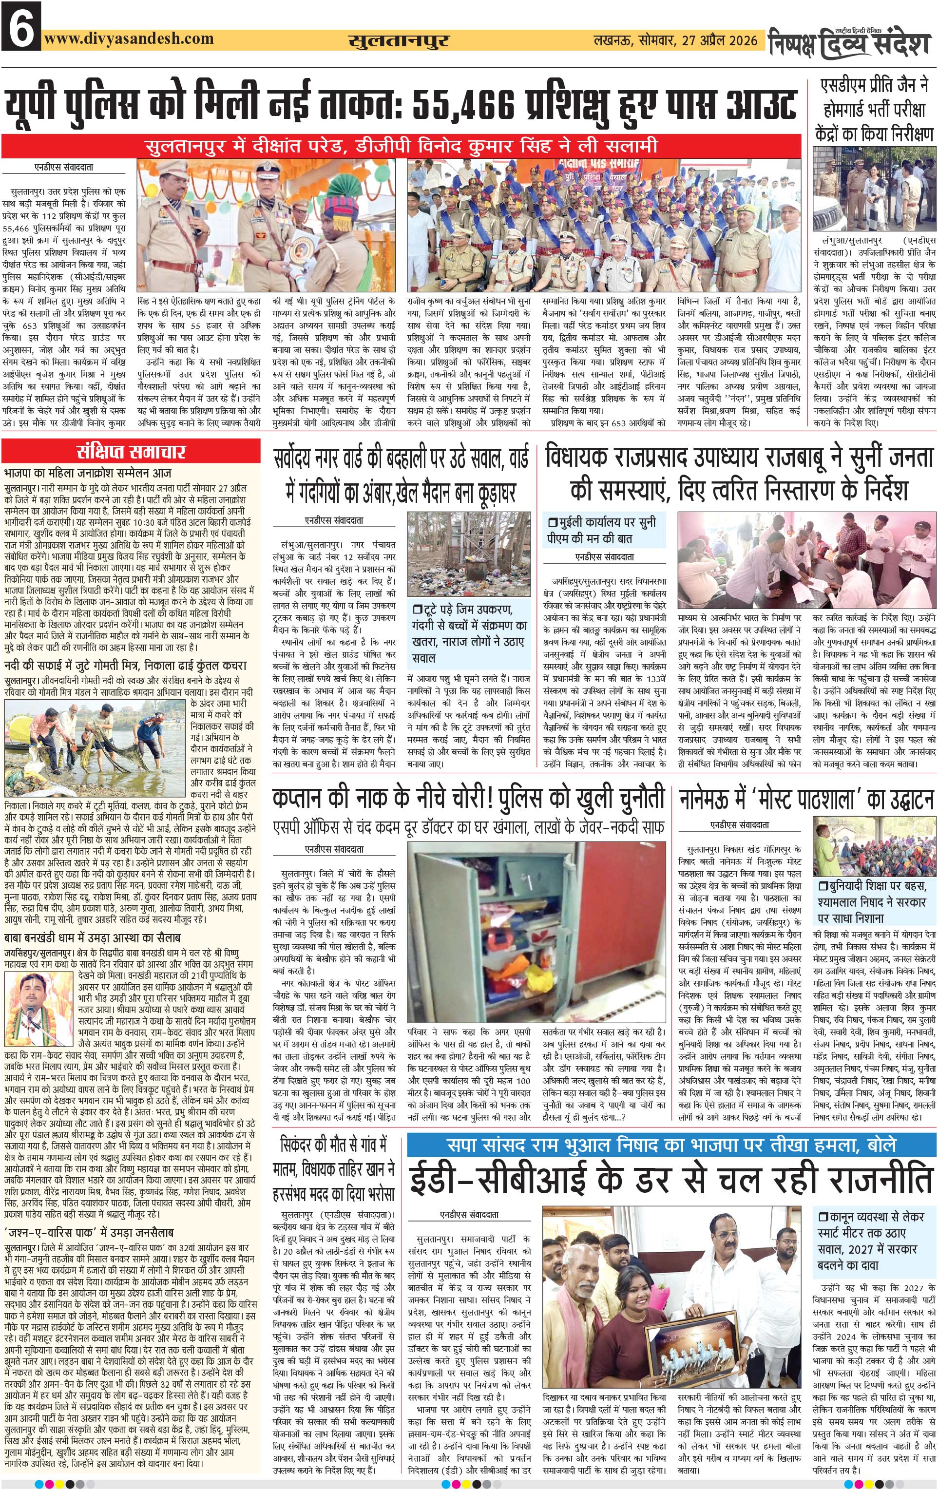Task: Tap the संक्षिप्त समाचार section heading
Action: (x=131, y=451)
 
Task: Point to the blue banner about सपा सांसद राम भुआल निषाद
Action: (x=670, y=1145)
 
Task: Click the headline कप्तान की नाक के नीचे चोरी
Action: (x=468, y=798)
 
